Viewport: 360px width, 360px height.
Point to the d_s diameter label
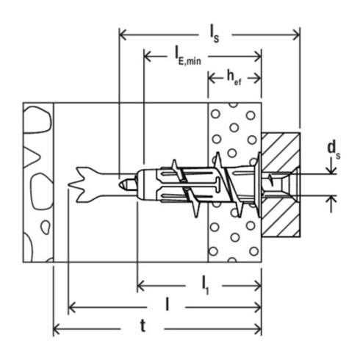[x=335, y=151]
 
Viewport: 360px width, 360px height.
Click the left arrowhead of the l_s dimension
[x=122, y=32]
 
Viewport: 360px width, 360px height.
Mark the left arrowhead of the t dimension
[x=57, y=328]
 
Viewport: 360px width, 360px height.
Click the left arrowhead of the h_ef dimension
[x=212, y=78]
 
